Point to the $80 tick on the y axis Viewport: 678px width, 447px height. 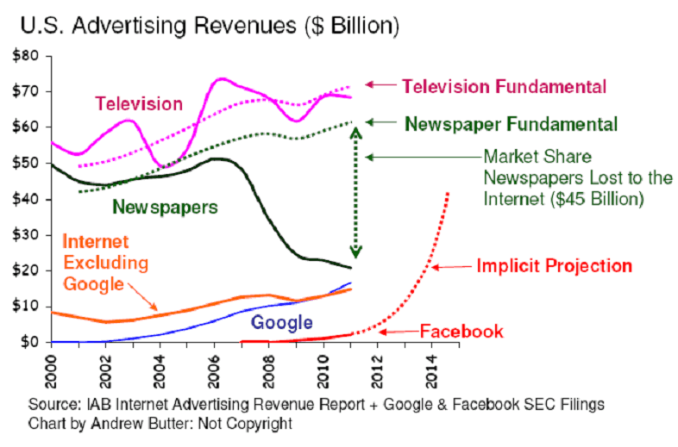pos(28,56)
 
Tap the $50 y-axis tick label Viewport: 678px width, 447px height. pos(28,163)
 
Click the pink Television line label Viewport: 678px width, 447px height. pos(139,104)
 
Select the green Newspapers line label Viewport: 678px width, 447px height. pos(165,208)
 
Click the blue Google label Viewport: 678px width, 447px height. pos(281,323)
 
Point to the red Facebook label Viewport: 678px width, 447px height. pos(461,332)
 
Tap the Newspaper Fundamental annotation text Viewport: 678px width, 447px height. pos(511,124)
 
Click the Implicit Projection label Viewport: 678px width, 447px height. pos(555,266)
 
